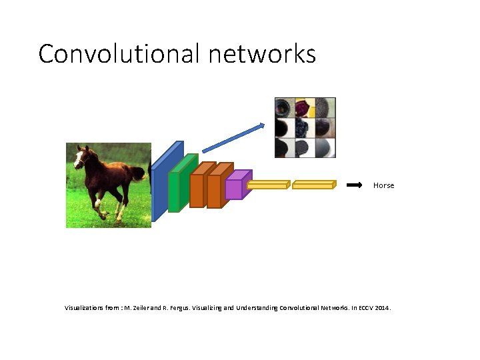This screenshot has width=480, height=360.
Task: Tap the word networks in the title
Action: (x=262, y=53)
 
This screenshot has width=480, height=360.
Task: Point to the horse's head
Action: (x=83, y=157)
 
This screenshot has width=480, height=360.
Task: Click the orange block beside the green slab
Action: (x=198, y=187)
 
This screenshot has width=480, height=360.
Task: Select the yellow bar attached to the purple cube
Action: (x=268, y=185)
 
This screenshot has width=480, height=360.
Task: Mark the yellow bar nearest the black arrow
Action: (x=313, y=185)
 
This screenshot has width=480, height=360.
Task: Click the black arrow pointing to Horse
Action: (x=355, y=185)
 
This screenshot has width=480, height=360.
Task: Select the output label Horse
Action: (x=383, y=185)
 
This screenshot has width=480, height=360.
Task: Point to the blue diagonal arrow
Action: (x=233, y=137)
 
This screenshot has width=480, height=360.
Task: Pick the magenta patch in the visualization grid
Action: (x=305, y=107)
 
